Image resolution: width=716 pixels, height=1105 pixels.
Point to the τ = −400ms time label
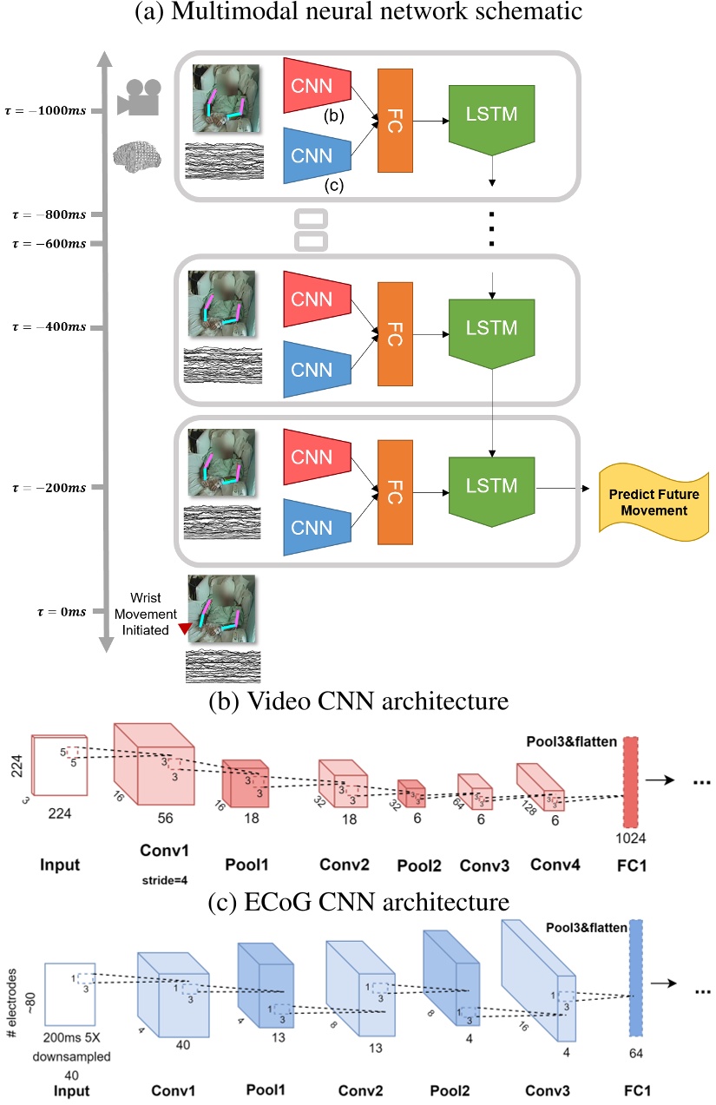point(49,329)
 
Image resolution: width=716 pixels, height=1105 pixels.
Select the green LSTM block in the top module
point(492,115)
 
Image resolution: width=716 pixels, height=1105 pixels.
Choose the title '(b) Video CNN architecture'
point(358,700)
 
